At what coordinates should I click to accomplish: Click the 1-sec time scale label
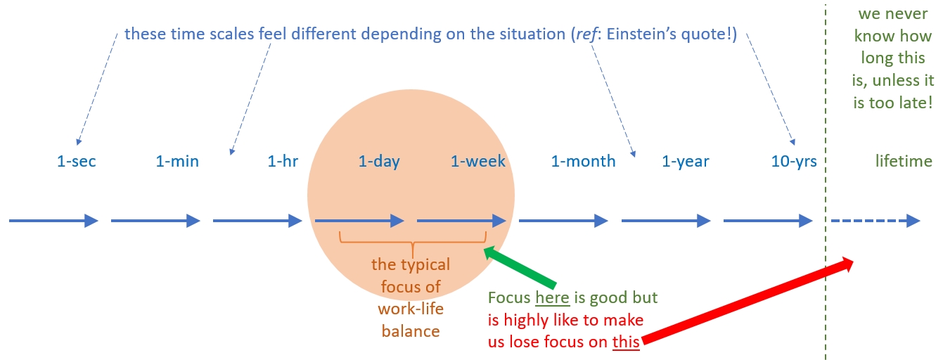pyautogui.click(x=76, y=162)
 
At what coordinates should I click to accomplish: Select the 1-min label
pyautogui.click(x=177, y=162)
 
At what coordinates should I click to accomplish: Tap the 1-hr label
pyautogui.click(x=283, y=162)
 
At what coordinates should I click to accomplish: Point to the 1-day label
pyautogui.click(x=379, y=162)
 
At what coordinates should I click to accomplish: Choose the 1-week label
pyautogui.click(x=478, y=162)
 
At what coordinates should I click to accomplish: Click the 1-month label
pyautogui.click(x=583, y=162)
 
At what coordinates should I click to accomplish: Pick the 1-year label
pyautogui.click(x=686, y=162)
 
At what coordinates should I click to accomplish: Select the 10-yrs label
pyautogui.click(x=794, y=162)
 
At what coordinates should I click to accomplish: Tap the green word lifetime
pyautogui.click(x=904, y=162)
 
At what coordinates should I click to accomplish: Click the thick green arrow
pyautogui.click(x=520, y=265)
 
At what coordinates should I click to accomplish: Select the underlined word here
pyautogui.click(x=552, y=298)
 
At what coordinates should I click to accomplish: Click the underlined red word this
pyautogui.click(x=626, y=342)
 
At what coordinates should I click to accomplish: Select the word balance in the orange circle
pyautogui.click(x=411, y=330)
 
